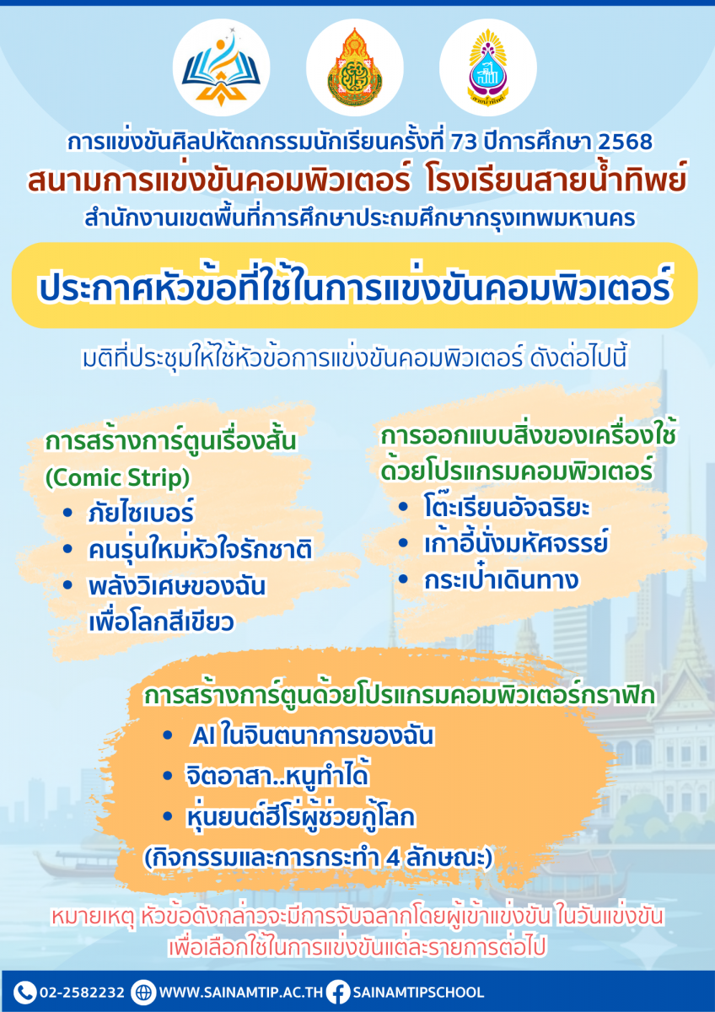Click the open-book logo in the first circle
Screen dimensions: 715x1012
[221, 67]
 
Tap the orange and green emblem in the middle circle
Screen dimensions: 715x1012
[355, 67]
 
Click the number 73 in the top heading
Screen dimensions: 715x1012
[464, 142]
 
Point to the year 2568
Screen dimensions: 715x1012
[625, 142]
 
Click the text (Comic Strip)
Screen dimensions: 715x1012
[117, 478]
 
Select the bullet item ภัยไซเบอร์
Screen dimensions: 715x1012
[141, 513]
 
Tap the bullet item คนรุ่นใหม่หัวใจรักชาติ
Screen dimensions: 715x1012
[200, 550]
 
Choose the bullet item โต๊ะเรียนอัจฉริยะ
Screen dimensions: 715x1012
[507, 507]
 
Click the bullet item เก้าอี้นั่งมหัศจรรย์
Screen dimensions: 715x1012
[516, 543]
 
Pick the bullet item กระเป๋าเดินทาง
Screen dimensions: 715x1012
[501, 579]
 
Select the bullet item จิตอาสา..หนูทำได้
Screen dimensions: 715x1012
[277, 775]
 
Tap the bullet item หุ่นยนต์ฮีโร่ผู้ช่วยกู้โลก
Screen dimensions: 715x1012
[300, 816]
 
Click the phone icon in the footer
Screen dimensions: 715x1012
[24, 992]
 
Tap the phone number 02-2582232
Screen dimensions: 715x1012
[82, 993]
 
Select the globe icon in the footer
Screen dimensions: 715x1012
[143, 993]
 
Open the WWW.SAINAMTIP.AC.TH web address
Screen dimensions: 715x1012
[241, 993]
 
